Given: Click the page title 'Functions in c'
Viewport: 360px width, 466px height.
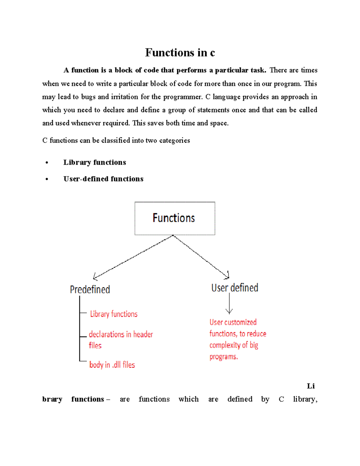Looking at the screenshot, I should (180, 53).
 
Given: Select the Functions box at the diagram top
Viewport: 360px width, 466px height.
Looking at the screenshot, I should (175, 218).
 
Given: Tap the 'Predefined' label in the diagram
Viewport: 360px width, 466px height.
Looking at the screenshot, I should (90, 290).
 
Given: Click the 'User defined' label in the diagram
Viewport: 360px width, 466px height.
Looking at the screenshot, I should (235, 288).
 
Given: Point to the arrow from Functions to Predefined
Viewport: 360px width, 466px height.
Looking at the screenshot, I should (133, 257).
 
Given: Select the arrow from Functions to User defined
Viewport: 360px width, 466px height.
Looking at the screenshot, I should (201, 257).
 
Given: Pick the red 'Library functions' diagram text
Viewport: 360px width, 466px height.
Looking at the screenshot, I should (114, 314).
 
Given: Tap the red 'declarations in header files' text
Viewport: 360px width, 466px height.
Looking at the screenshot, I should (121, 339).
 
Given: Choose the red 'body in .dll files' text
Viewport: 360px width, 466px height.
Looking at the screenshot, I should (112, 365).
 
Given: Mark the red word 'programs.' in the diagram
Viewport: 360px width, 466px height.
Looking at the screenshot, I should (223, 357).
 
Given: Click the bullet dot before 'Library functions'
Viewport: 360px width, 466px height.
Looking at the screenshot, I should (46, 163).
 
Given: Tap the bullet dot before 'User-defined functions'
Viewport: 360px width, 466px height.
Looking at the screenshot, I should (46, 179).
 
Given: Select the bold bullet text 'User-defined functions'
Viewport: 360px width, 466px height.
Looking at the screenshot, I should (103, 179).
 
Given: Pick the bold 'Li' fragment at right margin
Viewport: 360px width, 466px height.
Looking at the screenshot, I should (311, 386).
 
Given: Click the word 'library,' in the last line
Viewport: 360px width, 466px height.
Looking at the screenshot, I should (305, 399).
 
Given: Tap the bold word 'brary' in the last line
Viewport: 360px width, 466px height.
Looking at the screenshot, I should (52, 399).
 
